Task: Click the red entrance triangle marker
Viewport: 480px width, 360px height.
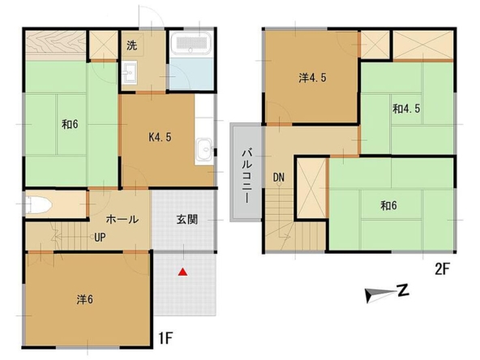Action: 182,272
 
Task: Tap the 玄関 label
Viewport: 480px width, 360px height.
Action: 187,220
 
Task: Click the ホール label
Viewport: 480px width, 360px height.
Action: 122,219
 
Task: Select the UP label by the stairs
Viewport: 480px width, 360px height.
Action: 100,238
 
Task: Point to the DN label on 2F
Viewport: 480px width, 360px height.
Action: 279,178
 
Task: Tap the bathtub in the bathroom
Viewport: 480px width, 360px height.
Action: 191,44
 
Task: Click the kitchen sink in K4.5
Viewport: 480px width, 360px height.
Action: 204,149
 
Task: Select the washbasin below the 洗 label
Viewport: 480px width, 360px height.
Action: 129,72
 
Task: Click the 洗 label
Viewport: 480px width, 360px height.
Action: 132,45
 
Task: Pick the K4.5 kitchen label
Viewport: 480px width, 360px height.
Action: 160,138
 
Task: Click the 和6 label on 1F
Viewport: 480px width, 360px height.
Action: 70,124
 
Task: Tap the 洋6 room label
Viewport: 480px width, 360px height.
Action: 85,299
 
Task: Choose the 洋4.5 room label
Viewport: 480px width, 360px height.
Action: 312,78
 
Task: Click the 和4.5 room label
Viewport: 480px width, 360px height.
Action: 406,109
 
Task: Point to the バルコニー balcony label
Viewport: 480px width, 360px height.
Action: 246,176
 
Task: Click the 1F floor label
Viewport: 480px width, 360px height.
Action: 165,339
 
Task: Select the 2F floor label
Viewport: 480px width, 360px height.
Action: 442,269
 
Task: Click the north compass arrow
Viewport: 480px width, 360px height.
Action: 380,295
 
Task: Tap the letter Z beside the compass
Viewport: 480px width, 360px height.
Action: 403,290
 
